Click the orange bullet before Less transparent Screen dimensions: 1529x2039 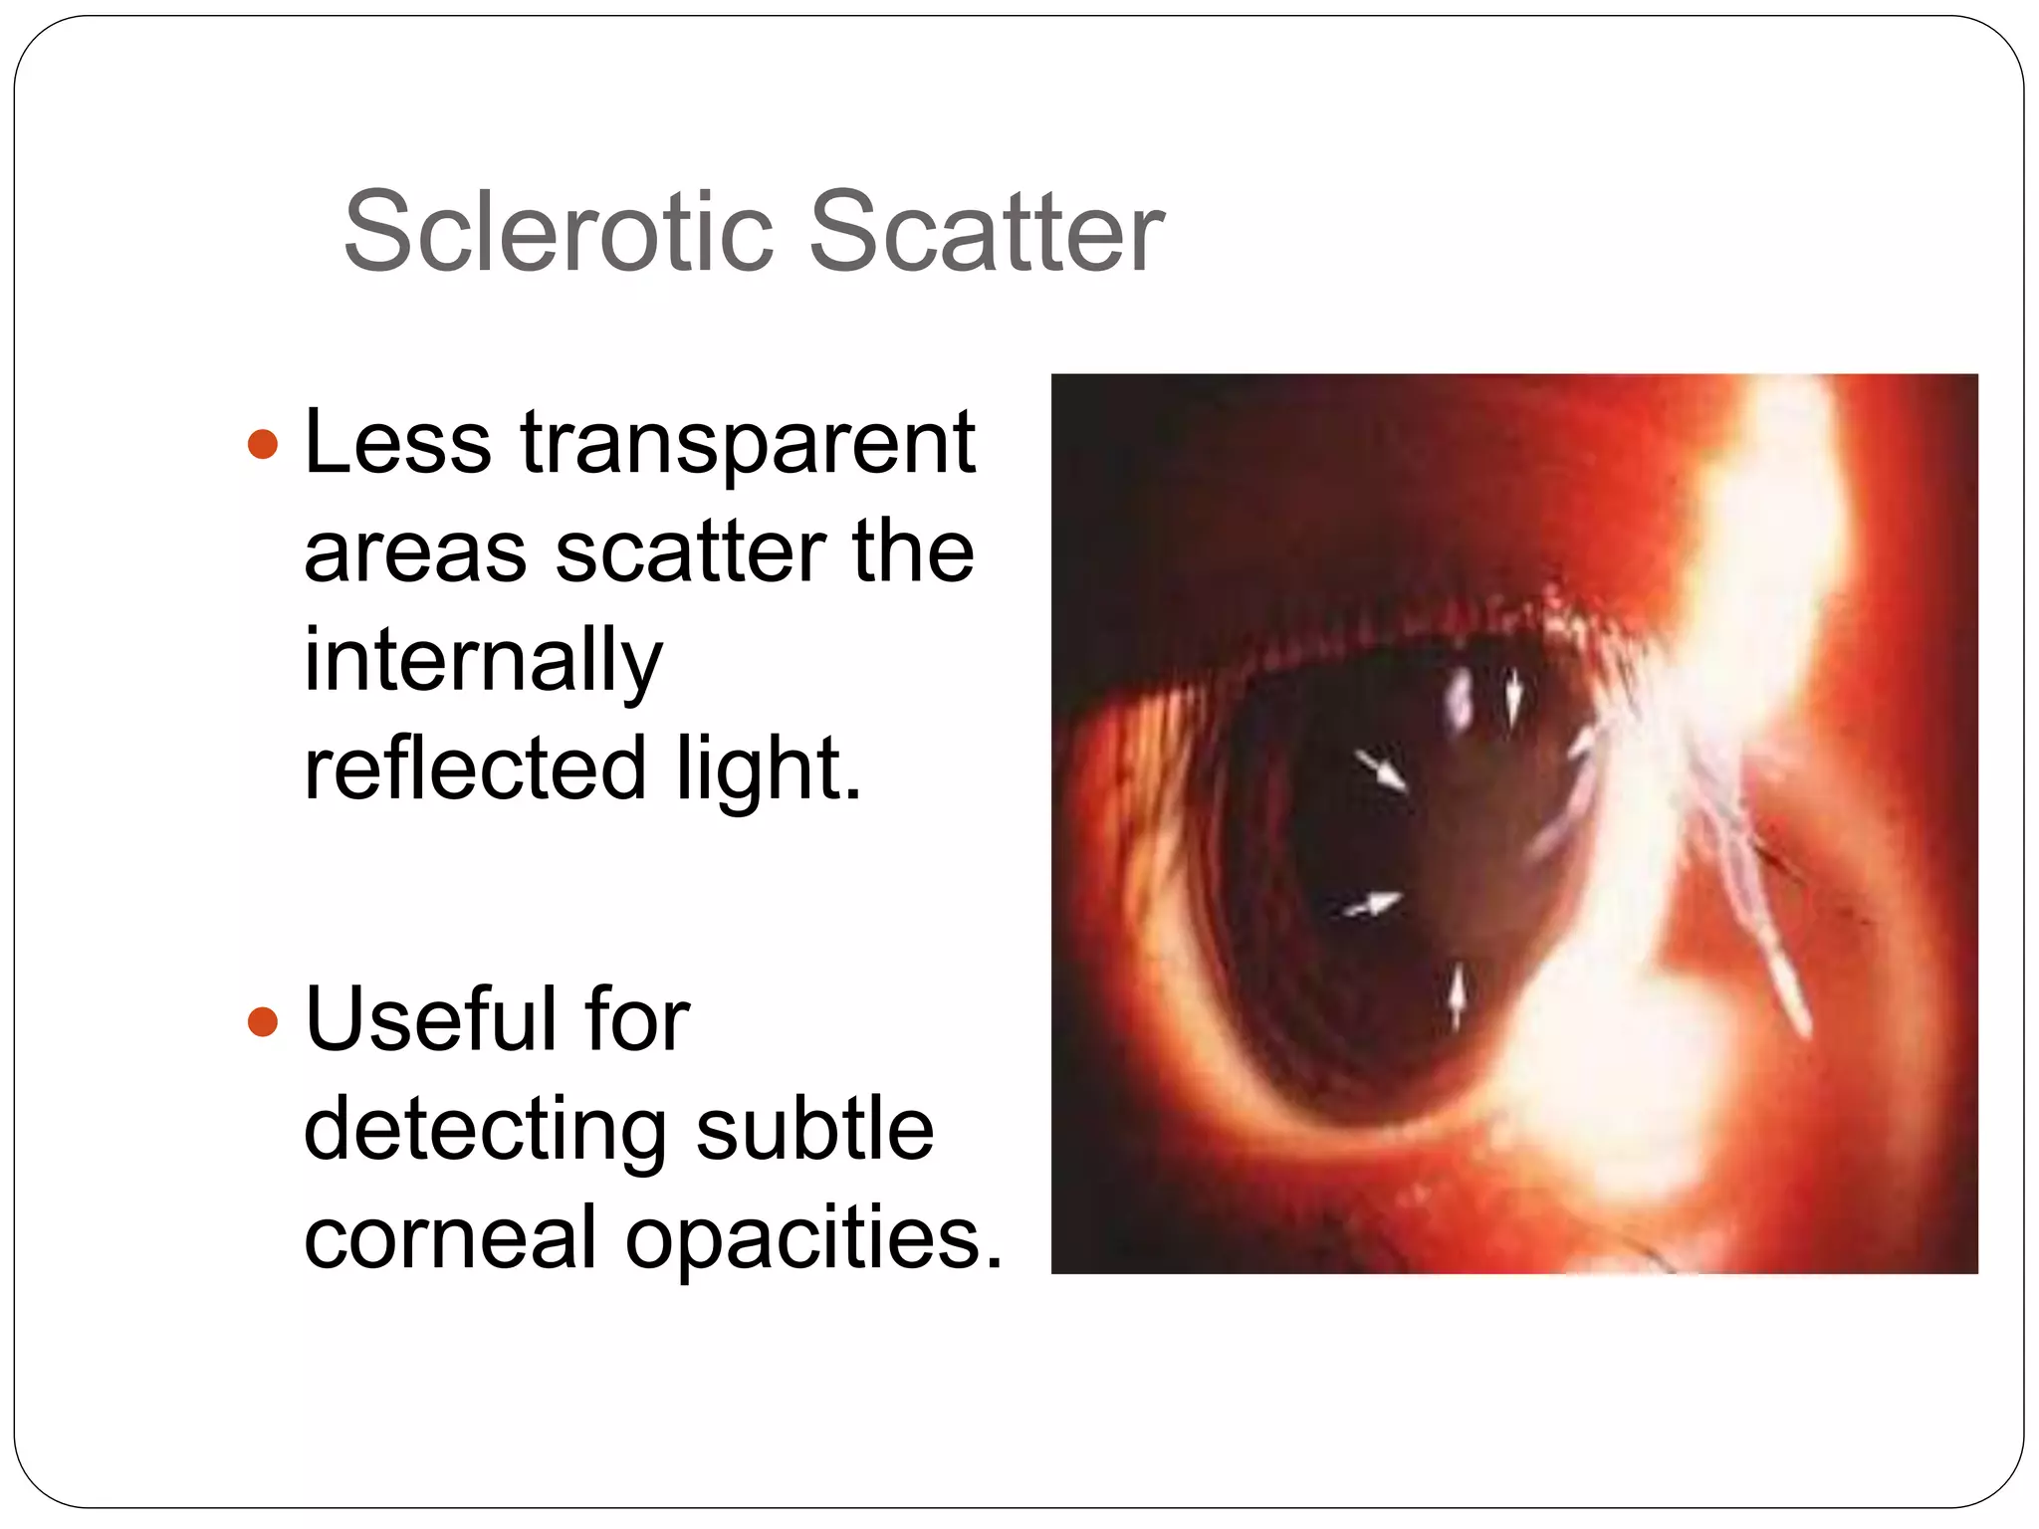click(263, 444)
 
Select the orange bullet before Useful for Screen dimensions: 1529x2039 click(263, 1021)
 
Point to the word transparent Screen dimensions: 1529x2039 click(747, 444)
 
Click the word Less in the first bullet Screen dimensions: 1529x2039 click(397, 442)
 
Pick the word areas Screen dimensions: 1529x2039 click(415, 553)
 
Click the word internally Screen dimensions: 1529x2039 click(483, 662)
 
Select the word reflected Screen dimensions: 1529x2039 click(476, 768)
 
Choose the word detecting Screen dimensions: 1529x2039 click(485, 1131)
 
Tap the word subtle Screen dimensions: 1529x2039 click(814, 1129)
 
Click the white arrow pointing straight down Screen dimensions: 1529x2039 click(1513, 697)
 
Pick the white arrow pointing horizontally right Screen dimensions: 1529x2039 click(1373, 905)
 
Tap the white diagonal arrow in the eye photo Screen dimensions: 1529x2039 click(1381, 770)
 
